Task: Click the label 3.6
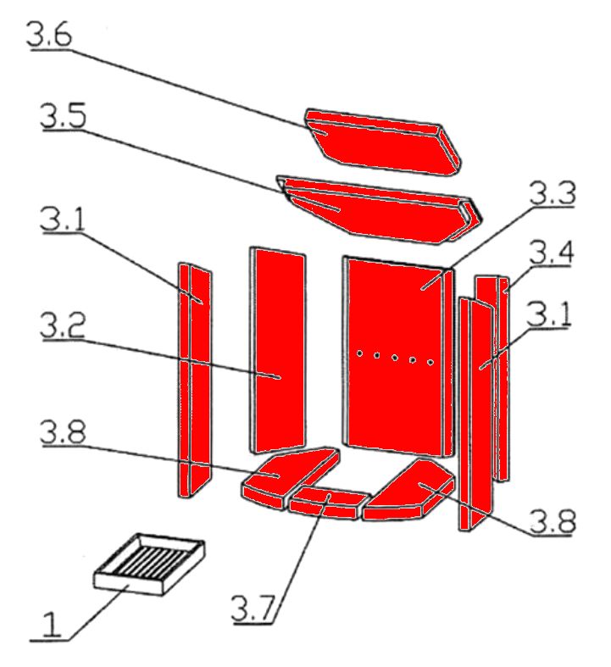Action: (x=49, y=35)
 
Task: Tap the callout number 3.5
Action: (x=64, y=116)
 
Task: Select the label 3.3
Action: (x=553, y=192)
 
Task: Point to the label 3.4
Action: (x=552, y=252)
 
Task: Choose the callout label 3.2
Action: (x=63, y=325)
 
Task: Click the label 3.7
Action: (x=253, y=609)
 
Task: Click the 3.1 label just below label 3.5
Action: (x=63, y=219)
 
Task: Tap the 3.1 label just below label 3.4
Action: (x=548, y=314)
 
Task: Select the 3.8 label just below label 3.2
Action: (x=63, y=432)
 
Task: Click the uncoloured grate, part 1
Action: (x=149, y=564)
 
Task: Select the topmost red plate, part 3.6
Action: (x=383, y=142)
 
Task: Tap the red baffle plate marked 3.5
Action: (x=379, y=210)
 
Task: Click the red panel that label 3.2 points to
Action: (x=277, y=350)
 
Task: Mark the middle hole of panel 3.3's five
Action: (x=395, y=358)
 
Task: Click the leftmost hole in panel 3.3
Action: (x=359, y=353)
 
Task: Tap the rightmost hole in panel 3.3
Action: (x=430, y=363)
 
